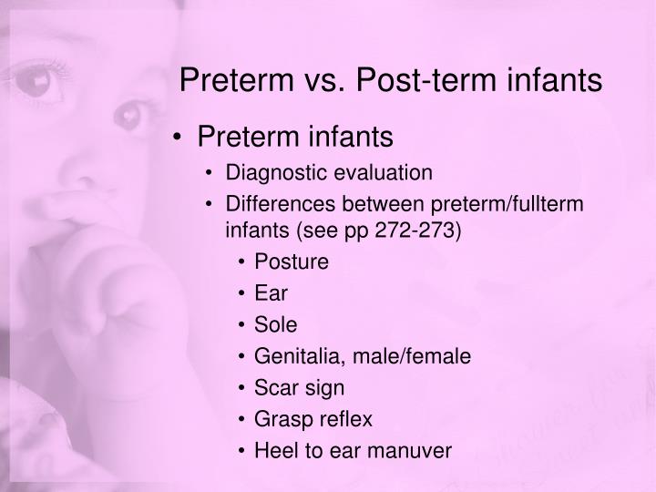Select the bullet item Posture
291,262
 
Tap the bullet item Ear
270,293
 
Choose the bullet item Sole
275,324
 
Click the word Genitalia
292,356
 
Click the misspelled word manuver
415,450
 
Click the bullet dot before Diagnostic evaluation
212,172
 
